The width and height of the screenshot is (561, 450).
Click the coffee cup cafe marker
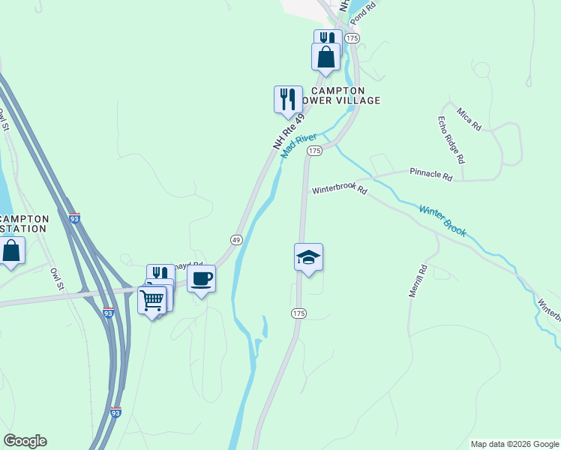(x=201, y=280)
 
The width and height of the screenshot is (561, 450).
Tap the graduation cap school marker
(x=308, y=258)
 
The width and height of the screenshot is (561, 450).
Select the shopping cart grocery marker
(x=152, y=301)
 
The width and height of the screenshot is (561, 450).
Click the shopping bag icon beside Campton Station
(x=10, y=251)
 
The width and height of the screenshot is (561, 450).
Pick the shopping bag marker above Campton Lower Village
(x=326, y=57)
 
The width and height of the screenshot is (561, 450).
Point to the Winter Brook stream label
(x=442, y=221)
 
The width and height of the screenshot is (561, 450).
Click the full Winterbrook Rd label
(x=341, y=189)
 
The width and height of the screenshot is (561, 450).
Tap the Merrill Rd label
(x=418, y=281)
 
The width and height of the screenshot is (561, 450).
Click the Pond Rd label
(x=362, y=11)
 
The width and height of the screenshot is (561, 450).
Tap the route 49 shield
(x=235, y=239)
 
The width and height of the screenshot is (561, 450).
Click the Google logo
(x=25, y=441)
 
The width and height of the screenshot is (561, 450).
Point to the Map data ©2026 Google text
(x=514, y=444)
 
